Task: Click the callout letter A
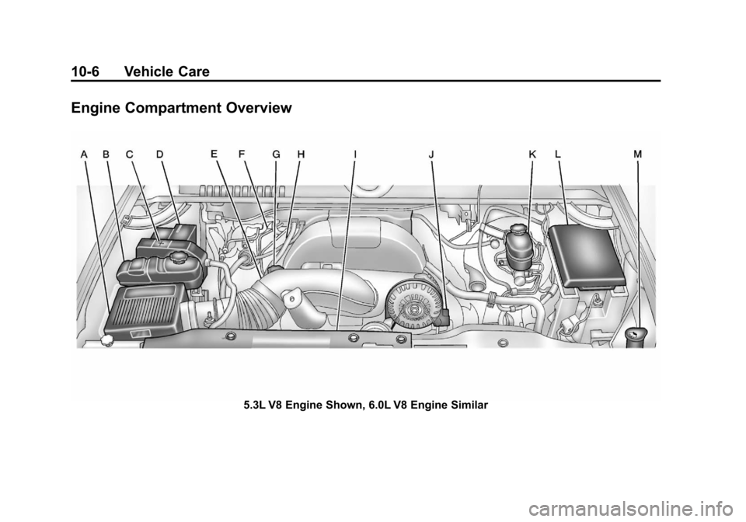coord(84,155)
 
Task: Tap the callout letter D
coord(159,155)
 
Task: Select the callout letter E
coord(214,155)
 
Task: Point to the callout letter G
coord(276,155)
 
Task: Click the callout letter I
coord(354,155)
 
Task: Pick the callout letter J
coord(431,155)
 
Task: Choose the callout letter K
coord(532,155)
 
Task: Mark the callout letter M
coord(638,155)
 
